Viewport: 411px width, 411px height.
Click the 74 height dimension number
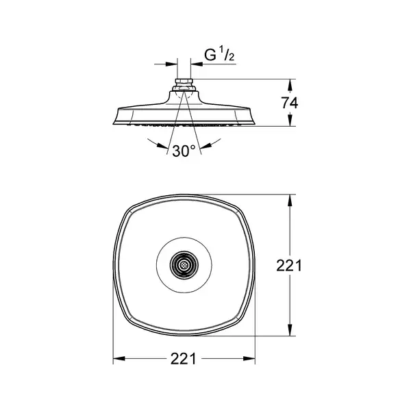click(x=290, y=103)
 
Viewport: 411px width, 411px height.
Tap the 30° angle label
click(x=184, y=151)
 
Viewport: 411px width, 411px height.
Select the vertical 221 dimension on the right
click(x=289, y=266)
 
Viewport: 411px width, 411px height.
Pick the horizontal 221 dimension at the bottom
click(x=183, y=358)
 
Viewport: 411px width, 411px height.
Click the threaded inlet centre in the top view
click(x=184, y=265)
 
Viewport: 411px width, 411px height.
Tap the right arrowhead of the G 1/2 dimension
click(x=197, y=64)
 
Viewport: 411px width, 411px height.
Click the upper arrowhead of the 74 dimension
click(x=289, y=85)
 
